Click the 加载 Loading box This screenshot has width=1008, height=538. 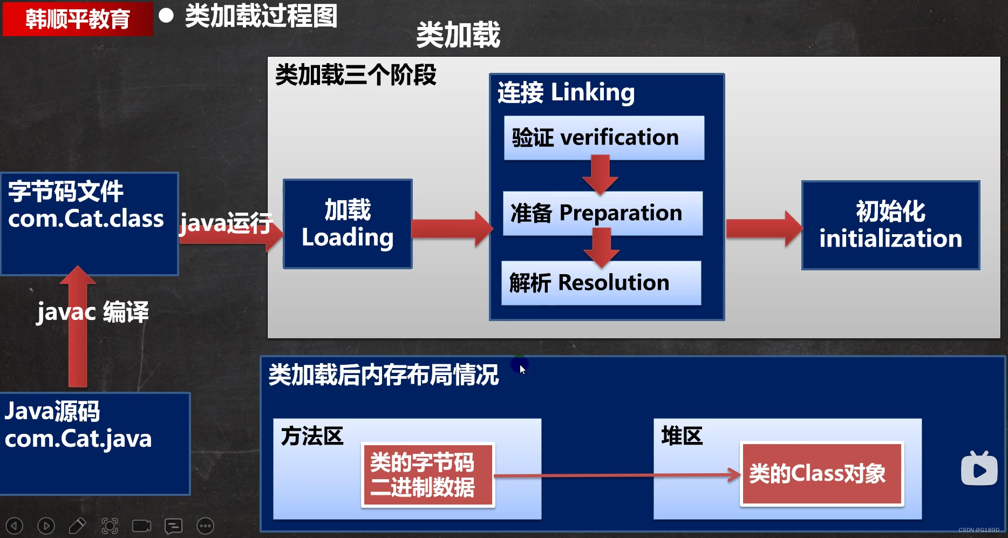tap(348, 224)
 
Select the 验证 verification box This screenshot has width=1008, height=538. tap(604, 138)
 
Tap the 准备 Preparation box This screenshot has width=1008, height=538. tap(602, 213)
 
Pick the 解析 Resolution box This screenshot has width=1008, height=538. tap(601, 283)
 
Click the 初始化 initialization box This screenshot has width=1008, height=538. tap(890, 225)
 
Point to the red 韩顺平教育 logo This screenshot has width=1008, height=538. tap(78, 19)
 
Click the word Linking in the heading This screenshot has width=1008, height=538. tap(592, 92)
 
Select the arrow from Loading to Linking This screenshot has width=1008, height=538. tap(451, 229)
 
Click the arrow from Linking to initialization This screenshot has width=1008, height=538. tap(763, 229)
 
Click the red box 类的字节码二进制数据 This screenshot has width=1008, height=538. tap(427, 475)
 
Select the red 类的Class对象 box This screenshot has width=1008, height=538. tap(821, 474)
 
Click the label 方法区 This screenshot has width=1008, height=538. tap(312, 436)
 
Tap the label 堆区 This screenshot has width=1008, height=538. tap(682, 436)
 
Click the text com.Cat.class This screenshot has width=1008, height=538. tap(86, 219)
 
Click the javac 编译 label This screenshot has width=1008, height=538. tap(93, 312)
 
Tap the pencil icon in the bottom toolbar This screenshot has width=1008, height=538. tap(77, 526)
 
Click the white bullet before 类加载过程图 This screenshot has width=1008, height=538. tap(166, 16)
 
